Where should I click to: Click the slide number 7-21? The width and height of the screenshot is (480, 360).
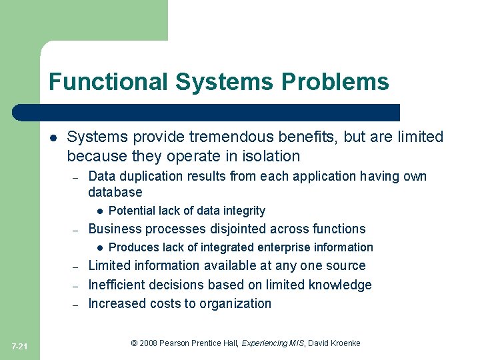(20, 346)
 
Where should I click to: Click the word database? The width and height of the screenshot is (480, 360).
(115, 193)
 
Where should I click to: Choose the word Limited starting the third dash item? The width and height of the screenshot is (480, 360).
(111, 266)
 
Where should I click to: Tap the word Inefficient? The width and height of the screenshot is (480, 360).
(119, 285)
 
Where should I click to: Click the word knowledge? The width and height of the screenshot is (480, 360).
(340, 285)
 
